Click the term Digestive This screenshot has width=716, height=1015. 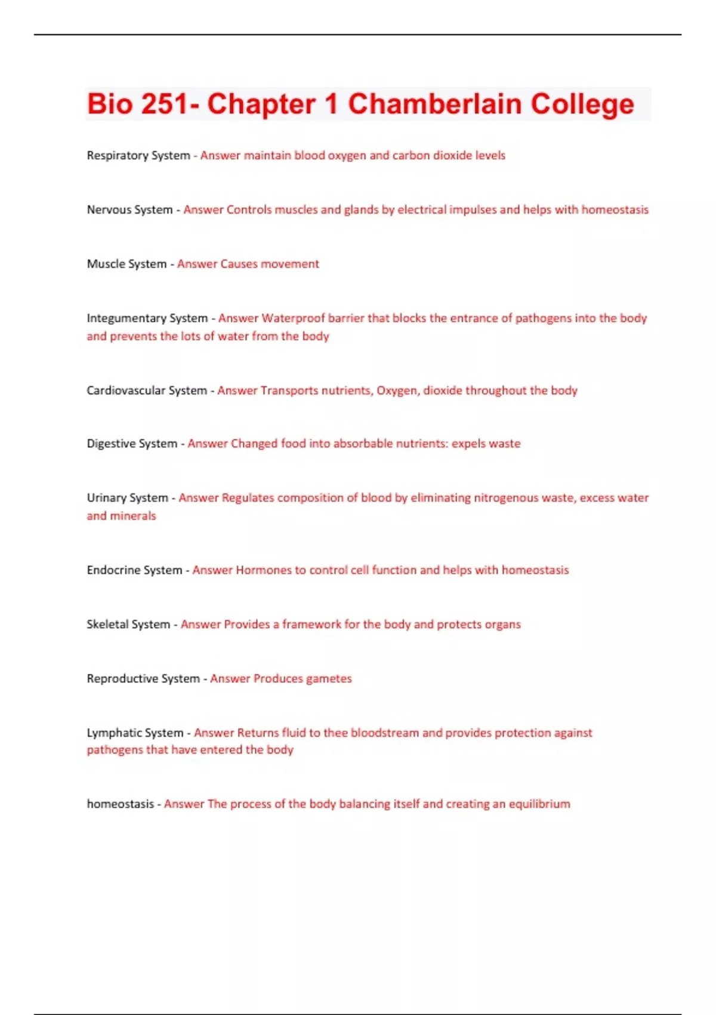click(x=111, y=444)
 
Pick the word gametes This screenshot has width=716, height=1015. click(x=329, y=679)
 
